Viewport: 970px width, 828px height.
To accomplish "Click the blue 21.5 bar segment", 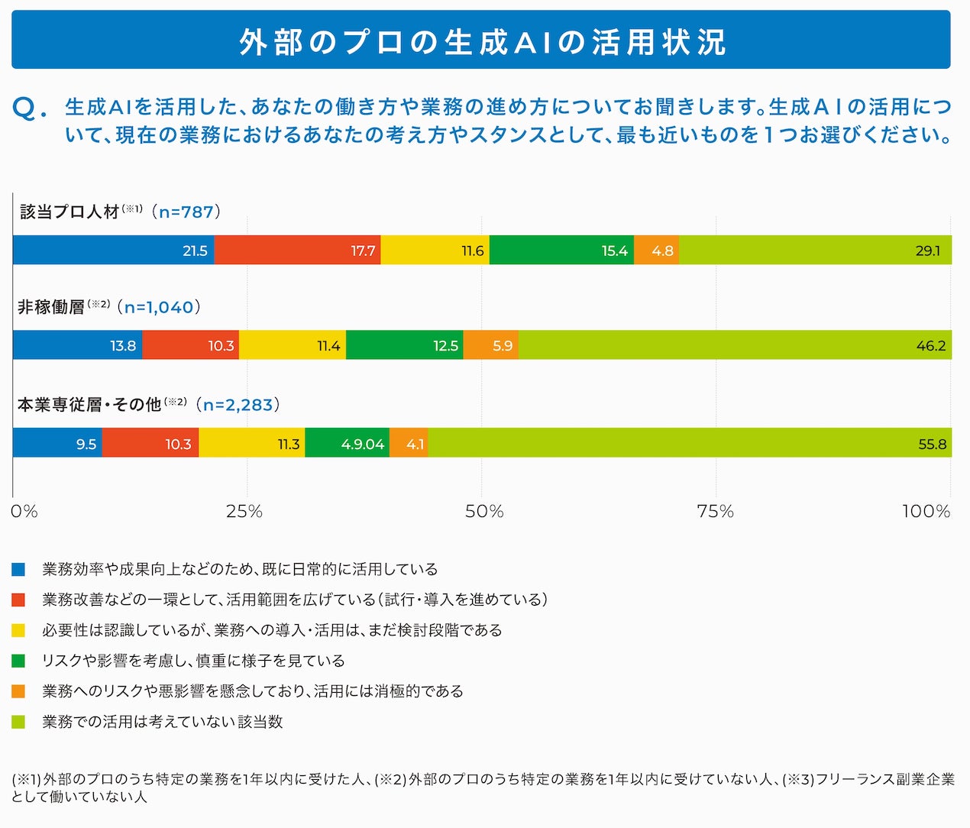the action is pos(114,250).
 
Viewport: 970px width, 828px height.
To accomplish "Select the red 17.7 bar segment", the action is pos(298,250).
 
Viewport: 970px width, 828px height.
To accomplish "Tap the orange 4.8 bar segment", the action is pos(657,250).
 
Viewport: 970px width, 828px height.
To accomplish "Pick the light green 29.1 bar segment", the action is pos(815,250).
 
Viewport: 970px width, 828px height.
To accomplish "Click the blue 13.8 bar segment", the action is pos(77,344).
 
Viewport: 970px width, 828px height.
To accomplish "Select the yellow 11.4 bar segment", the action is pos(293,344).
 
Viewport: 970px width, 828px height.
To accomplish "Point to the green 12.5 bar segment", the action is pos(405,344).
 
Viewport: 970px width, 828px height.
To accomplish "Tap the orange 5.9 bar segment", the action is pos(491,344).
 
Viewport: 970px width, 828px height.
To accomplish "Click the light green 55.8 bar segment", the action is pos(690,442).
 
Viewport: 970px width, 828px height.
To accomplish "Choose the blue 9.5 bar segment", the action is pos(58,442).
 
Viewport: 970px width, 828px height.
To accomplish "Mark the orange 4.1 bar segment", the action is pos(409,442).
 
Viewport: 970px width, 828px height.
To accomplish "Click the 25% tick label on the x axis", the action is pos(244,512).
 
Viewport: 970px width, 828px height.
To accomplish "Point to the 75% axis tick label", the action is pos(715,512).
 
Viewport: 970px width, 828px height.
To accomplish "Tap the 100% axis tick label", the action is pos(926,512).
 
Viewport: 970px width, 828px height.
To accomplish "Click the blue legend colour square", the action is pos(18,569).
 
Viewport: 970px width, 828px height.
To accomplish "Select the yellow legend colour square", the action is pos(18,630).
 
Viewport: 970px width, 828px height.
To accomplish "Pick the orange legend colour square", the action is pos(18,691).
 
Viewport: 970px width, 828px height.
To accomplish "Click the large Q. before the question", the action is pos(30,109).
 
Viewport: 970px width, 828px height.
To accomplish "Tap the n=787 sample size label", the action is pos(186,212).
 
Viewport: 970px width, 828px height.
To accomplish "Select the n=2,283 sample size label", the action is pos(238,405).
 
